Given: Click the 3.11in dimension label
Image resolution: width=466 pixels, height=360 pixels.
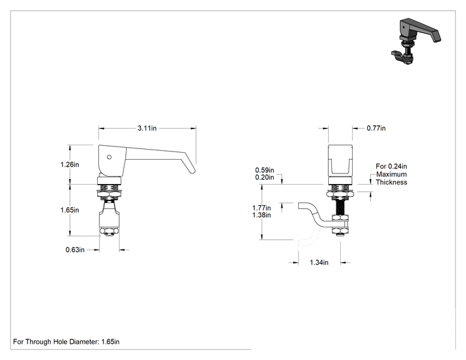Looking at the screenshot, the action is (147, 128).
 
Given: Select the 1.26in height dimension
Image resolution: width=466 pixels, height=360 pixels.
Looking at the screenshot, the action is (70, 164).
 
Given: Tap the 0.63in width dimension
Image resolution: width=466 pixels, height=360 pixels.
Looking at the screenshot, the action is (75, 250).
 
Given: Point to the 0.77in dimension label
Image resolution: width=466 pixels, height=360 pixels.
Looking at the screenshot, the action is (376, 128).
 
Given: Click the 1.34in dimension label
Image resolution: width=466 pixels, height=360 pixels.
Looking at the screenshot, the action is (319, 262).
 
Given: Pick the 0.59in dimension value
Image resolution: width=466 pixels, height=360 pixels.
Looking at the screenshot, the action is (264, 170).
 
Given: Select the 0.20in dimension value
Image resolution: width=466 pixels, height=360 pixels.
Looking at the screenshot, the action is (264, 177).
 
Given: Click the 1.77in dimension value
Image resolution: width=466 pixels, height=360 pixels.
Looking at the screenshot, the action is (262, 208).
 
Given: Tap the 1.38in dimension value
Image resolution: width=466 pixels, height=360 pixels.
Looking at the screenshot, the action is (262, 215).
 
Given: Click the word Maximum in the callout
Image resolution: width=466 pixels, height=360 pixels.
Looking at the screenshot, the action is (391, 174).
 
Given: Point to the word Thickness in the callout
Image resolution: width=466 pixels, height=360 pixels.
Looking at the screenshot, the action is (391, 182).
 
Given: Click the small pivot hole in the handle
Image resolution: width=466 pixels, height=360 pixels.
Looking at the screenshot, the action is (109, 157).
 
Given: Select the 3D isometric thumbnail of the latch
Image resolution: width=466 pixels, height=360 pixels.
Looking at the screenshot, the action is (415, 41).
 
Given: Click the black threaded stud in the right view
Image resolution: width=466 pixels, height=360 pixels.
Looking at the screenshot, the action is (340, 207).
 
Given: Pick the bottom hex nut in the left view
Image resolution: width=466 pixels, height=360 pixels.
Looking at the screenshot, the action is (109, 231).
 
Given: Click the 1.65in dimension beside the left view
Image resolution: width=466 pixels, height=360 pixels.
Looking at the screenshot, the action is (70, 210).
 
